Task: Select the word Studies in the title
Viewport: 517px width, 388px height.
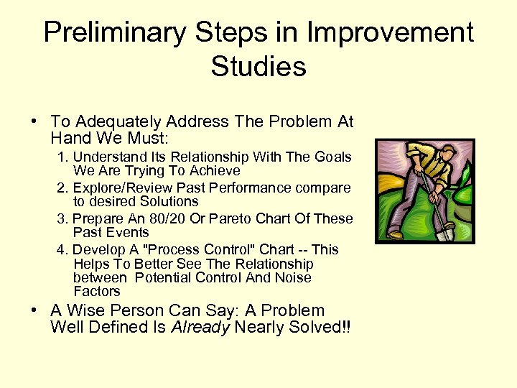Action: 258,67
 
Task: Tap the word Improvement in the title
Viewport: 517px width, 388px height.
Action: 392,33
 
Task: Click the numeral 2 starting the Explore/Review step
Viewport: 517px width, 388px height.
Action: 60,188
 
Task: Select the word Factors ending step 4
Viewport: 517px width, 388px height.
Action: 97,291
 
